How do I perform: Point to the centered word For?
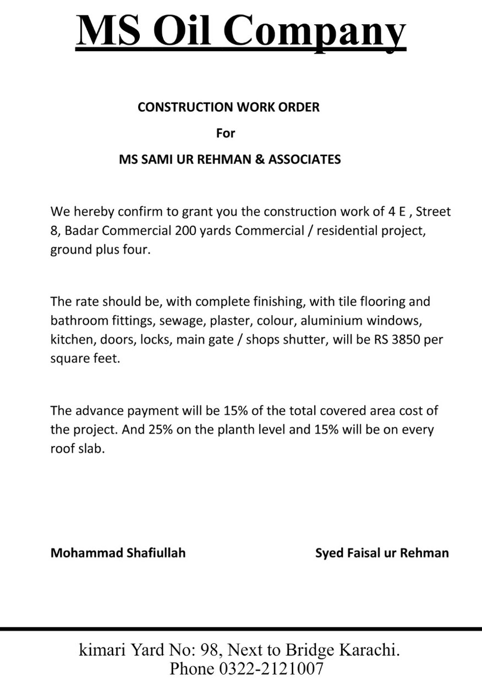tap(226, 133)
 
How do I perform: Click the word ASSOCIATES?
tap(304, 160)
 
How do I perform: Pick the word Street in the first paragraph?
tap(434, 212)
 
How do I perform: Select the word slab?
tap(91, 448)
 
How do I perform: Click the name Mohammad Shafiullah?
tap(118, 553)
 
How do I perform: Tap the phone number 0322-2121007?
tap(271, 668)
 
